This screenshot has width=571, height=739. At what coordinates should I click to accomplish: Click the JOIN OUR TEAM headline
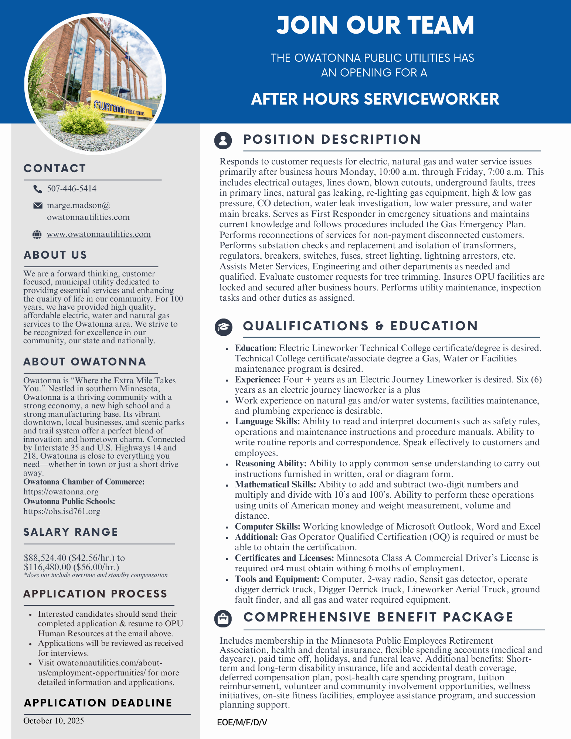click(375, 25)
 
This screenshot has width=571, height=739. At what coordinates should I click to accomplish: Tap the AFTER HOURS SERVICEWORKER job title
click(375, 99)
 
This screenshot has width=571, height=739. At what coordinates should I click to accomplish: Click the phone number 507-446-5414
click(72, 189)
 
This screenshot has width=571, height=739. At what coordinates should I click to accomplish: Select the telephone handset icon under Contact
click(37, 189)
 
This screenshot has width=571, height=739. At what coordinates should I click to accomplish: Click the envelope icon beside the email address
click(38, 205)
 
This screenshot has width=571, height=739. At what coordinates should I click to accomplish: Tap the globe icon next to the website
click(37, 234)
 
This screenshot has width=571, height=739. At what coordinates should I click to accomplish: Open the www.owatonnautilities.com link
click(99, 234)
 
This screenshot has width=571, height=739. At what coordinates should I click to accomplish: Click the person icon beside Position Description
click(223, 140)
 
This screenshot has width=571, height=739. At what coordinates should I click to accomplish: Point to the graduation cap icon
click(224, 327)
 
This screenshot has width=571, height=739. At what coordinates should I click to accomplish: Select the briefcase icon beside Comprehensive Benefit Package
click(223, 618)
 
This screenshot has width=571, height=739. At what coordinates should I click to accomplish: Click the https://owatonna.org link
click(61, 492)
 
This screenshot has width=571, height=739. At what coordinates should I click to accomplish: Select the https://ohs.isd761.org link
click(62, 511)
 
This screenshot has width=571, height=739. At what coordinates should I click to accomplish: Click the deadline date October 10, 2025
click(54, 721)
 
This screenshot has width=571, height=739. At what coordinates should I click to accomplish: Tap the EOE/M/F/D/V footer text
click(242, 722)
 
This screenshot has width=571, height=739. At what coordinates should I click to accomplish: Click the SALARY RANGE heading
click(71, 532)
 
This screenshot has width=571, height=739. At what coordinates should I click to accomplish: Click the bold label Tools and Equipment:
click(277, 579)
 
